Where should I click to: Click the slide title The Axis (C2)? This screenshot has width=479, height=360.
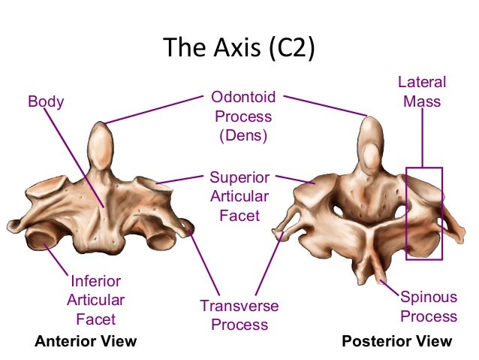tap(239, 48)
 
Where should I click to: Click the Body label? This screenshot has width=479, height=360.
tap(46, 101)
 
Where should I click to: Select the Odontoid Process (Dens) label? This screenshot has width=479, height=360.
tap(243, 117)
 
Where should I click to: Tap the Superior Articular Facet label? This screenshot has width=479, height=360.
tap(239, 197)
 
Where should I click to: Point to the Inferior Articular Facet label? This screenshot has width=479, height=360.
tap(96, 300)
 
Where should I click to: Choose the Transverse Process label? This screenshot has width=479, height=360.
tap(239, 316)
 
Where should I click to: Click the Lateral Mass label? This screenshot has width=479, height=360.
tap(422, 91)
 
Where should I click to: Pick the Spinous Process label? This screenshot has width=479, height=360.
tap(428, 307)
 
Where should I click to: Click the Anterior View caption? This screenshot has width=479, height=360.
tap(86, 342)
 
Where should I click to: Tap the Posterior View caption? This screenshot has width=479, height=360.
tap(397, 342)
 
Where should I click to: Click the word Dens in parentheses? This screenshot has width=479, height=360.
tap(243, 137)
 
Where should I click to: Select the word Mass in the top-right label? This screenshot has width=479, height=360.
tap(422, 101)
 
